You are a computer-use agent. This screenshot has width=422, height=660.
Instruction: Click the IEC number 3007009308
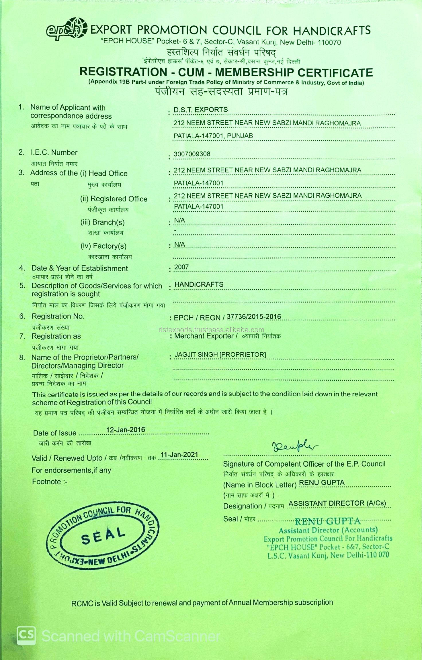click(192, 154)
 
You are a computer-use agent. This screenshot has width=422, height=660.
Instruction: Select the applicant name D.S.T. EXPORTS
click(200, 110)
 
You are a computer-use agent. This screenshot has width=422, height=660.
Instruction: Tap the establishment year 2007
click(181, 267)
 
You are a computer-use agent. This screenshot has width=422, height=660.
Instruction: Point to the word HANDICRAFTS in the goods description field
click(199, 284)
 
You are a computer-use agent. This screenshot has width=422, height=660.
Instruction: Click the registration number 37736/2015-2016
click(254, 317)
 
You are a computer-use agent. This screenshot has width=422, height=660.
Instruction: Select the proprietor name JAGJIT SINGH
click(196, 355)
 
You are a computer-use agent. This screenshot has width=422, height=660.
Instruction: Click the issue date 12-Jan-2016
click(126, 430)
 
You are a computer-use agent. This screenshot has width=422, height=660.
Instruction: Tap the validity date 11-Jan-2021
click(179, 455)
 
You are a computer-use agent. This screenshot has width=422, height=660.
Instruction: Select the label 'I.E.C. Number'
click(54, 153)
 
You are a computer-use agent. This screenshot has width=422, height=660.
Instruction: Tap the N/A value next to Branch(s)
click(179, 220)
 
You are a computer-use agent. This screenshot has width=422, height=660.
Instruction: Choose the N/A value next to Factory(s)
click(179, 244)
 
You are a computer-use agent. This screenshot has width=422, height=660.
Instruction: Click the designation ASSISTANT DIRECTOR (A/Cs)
click(337, 503)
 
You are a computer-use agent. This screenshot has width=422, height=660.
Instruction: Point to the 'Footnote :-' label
click(50, 482)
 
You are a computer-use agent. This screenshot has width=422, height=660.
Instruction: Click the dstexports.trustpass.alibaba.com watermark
click(211, 330)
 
